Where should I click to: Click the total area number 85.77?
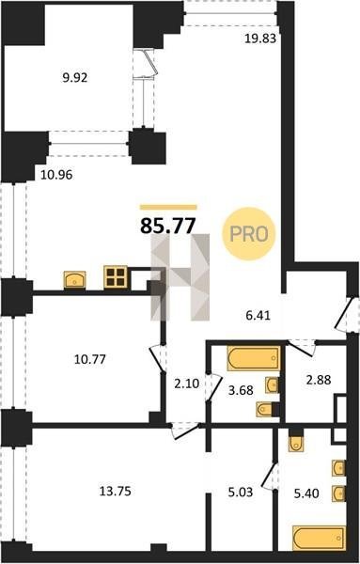pos(168,226)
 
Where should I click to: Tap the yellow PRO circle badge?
pos(249,234)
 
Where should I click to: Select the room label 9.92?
pos(75,77)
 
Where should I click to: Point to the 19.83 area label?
pos(260,39)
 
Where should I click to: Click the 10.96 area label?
pos(56,175)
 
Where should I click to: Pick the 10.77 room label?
pos(90,359)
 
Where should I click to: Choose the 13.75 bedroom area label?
pos(115,491)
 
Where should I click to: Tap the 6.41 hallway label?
pos(258,316)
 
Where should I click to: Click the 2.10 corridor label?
pos(187,384)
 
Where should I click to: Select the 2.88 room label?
pos(319,380)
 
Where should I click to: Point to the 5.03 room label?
pos(241,492)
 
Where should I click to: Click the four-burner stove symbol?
pos(116,277)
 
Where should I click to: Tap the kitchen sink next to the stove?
pos(74,279)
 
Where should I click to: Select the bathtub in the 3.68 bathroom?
pos(254,358)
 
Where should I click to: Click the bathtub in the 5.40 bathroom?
pos(320,538)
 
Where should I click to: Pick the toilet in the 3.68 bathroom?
pos(267,409)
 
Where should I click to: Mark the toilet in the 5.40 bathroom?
pos(296,442)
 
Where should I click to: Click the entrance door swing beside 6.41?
pos(341,314)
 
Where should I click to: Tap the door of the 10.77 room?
pos(158,359)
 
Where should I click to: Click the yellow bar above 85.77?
pos(168,207)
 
